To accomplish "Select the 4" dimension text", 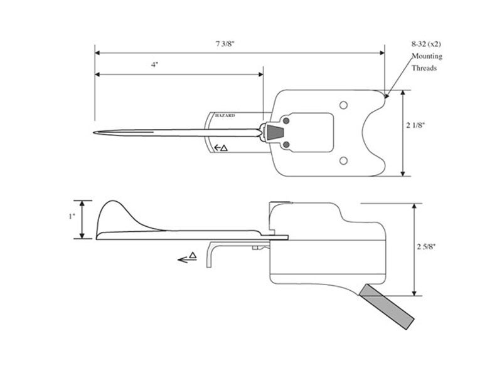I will [x=154, y=65].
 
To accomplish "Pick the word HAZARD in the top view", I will [x=225, y=116].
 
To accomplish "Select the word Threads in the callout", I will [x=424, y=68].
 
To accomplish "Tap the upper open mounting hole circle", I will [x=343, y=105].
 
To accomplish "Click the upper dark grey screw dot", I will [x=286, y=120].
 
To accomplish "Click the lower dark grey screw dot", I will [x=286, y=145].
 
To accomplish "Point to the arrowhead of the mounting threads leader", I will [x=387, y=97].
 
